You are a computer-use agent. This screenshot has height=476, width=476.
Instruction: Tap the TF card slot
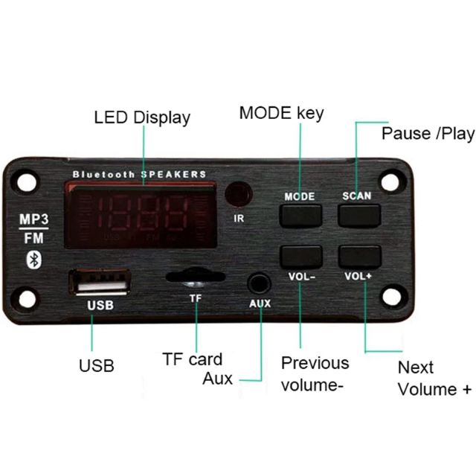[195, 277]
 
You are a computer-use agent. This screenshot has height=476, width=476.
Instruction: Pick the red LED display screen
[140, 216]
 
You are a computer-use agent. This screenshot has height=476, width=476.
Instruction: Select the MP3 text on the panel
[33, 221]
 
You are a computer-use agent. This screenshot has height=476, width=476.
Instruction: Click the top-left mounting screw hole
[28, 182]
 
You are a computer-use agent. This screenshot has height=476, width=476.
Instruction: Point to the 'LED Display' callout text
[142, 118]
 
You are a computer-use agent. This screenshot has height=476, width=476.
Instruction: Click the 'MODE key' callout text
[281, 113]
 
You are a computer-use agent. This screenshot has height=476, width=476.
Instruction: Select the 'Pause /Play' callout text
[428, 134]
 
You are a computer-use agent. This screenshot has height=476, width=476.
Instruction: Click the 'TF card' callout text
[192, 359]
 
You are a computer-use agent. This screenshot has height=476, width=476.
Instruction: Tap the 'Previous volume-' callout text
[315, 374]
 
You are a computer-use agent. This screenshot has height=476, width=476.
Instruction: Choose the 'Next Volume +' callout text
[434, 378]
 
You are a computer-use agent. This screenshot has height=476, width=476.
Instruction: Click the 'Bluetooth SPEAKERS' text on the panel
[139, 174]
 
